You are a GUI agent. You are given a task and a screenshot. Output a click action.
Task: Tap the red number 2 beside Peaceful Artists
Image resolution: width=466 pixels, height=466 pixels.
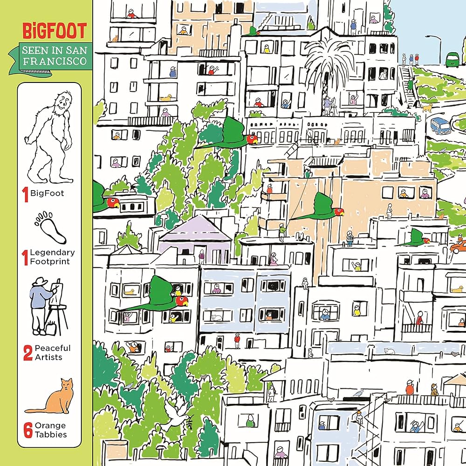(x=27, y=353)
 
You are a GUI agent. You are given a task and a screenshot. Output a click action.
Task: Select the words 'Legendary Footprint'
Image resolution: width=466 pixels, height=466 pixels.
(x=52, y=257)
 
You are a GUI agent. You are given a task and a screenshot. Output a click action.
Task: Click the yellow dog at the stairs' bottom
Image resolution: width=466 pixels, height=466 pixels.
(x=425, y=108)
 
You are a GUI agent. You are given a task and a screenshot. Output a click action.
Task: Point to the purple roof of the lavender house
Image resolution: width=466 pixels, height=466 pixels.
(x=195, y=228)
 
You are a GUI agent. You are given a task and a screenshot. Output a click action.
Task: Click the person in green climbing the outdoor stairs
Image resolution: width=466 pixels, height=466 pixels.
(x=410, y=85)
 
